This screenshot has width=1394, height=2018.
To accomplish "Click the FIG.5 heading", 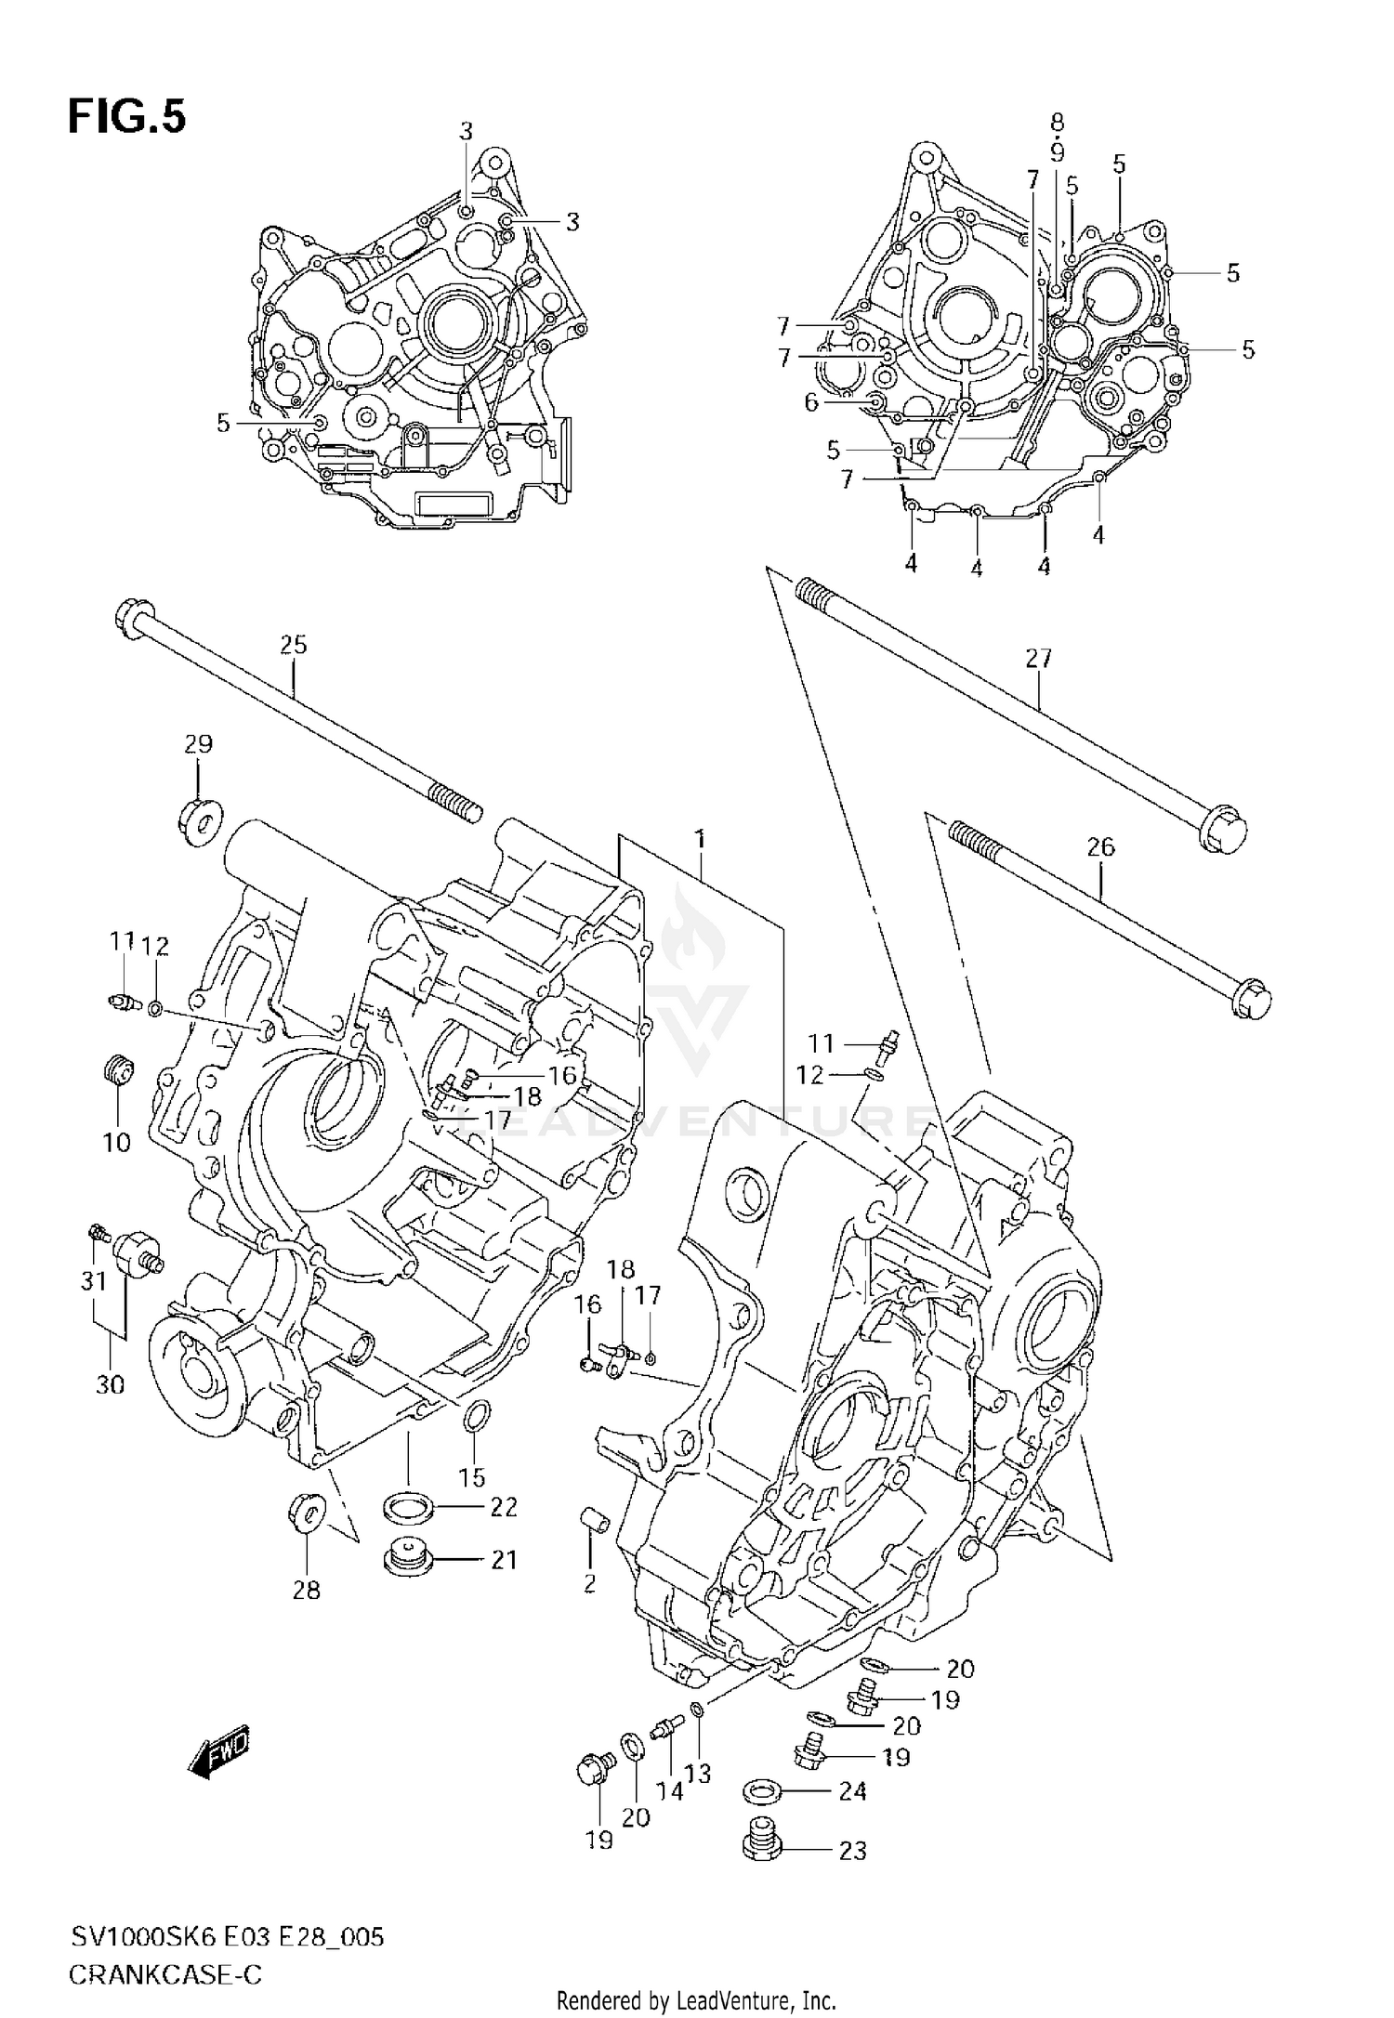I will (126, 118).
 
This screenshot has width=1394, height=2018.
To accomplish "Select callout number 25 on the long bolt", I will (293, 645).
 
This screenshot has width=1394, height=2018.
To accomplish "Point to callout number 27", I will (1038, 659).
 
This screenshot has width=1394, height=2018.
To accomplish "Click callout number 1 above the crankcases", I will (700, 840).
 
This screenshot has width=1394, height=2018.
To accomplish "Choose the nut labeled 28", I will (307, 1513).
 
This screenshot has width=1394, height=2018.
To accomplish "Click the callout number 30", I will (110, 1384).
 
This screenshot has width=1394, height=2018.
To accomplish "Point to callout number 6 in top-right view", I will (811, 402).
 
